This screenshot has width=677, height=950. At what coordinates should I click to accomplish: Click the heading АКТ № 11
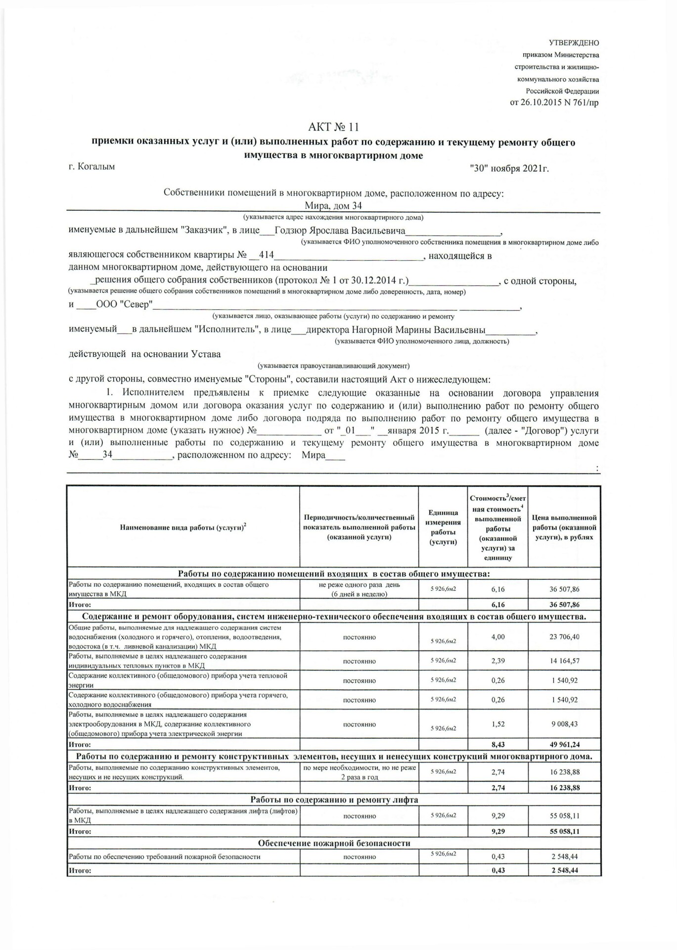click(x=333, y=127)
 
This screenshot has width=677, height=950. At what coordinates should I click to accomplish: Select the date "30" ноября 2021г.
click(x=509, y=169)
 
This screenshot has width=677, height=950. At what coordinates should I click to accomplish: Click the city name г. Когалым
click(x=91, y=167)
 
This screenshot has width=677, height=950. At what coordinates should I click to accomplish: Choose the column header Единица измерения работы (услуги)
click(x=443, y=527)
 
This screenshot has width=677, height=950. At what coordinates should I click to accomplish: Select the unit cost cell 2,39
click(x=498, y=661)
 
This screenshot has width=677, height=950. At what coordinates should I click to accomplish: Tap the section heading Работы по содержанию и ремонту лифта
click(x=334, y=800)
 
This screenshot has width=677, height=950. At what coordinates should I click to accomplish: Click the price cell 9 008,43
click(x=564, y=724)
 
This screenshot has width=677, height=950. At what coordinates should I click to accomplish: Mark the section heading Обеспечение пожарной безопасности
click(x=334, y=843)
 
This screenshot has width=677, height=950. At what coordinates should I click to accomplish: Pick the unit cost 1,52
click(x=498, y=724)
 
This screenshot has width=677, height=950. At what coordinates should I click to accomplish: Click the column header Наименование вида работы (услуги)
click(x=183, y=527)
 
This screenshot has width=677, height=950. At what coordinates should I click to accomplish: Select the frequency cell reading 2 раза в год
click(x=360, y=777)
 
